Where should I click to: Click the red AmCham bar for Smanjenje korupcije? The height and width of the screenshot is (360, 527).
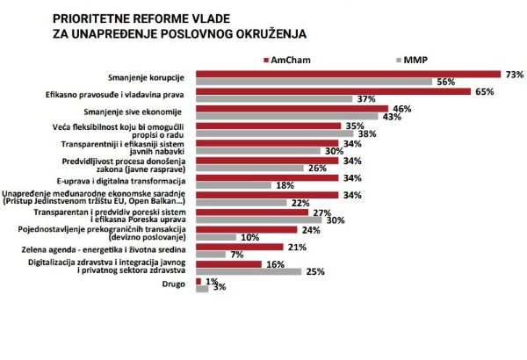tap(347, 74)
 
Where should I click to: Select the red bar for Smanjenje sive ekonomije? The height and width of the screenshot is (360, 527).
tap(292, 108)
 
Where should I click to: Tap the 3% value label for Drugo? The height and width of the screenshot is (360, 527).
tap(220, 288)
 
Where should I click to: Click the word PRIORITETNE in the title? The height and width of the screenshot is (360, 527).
tap(95, 17)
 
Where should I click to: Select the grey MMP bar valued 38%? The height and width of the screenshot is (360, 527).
tap(276, 133)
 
